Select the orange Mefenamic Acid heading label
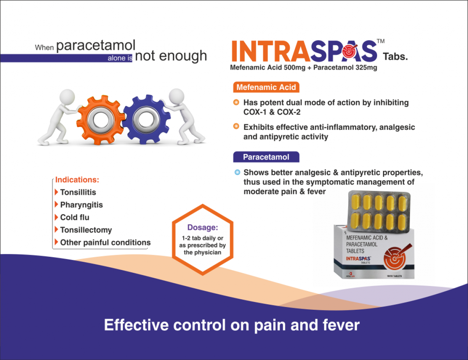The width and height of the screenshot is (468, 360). click(266, 87)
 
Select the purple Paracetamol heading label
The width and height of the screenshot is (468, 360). click(266, 157)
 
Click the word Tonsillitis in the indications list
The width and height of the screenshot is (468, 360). click(78, 192)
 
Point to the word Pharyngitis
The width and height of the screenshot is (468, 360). click(82, 205)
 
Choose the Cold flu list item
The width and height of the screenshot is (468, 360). click(74, 217)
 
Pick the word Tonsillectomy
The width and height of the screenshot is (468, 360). click(86, 230)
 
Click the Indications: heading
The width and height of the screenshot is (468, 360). click(77, 180)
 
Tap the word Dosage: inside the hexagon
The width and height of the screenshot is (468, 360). click(202, 227)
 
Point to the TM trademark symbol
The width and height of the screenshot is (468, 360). click(381, 41)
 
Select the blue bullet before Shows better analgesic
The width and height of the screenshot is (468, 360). click(236, 172)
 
